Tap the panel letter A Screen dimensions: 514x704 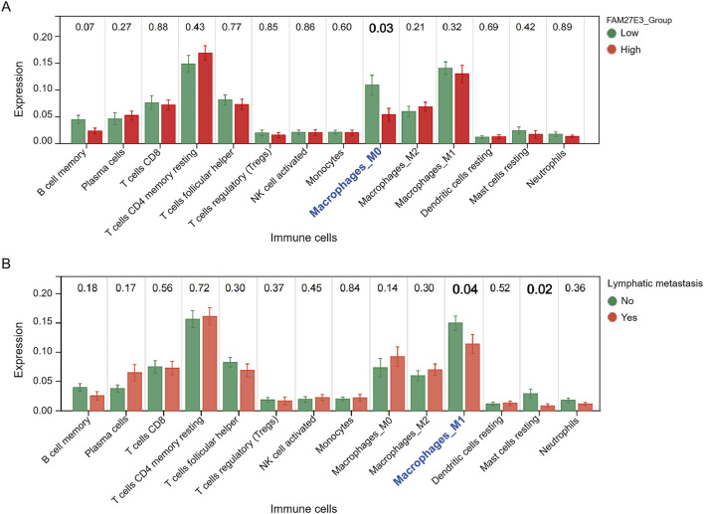pyautogui.click(x=7, y=9)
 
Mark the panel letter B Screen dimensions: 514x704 pyautogui.click(x=7, y=266)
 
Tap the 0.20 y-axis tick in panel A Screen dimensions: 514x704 pyautogui.click(x=46, y=37)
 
